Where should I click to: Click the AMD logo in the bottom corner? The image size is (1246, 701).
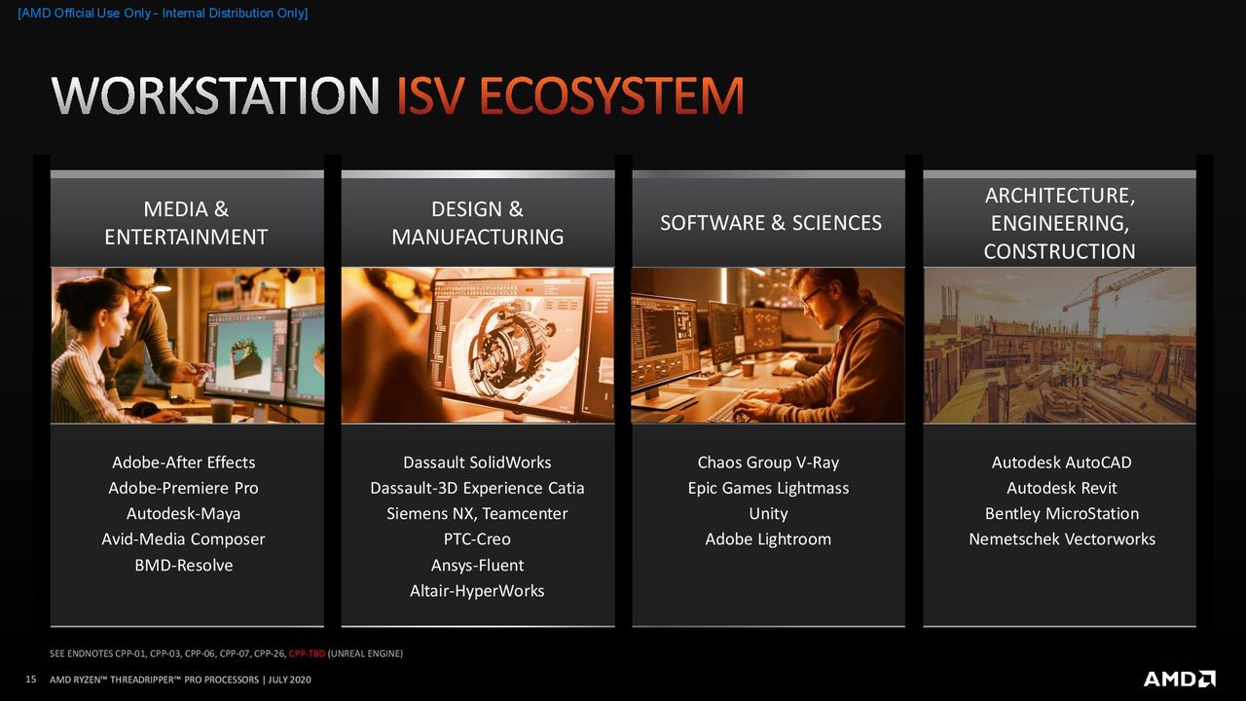click(1179, 679)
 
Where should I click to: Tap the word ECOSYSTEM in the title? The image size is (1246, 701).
click(611, 95)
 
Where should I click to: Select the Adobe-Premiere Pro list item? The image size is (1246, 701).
click(184, 488)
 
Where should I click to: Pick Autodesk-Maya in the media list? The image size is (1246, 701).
click(184, 513)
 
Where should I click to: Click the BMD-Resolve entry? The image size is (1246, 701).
click(184, 566)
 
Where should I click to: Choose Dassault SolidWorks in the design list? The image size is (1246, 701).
click(477, 462)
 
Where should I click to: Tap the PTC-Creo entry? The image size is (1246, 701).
click(477, 539)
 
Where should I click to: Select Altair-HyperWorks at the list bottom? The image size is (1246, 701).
click(477, 591)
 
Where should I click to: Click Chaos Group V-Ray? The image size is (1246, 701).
click(768, 462)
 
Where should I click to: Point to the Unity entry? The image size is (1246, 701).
click(768, 513)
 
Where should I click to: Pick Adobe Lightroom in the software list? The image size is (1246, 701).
click(768, 539)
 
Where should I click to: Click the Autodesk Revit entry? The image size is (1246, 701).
click(1061, 488)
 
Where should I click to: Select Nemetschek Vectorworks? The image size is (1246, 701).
click(1062, 539)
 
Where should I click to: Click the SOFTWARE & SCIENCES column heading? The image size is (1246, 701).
click(770, 223)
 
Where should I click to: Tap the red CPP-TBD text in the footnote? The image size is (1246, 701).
click(307, 653)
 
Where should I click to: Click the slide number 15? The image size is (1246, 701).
click(31, 680)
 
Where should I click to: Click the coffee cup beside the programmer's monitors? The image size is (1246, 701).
click(749, 369)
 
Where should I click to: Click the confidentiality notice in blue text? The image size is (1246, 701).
click(163, 14)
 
